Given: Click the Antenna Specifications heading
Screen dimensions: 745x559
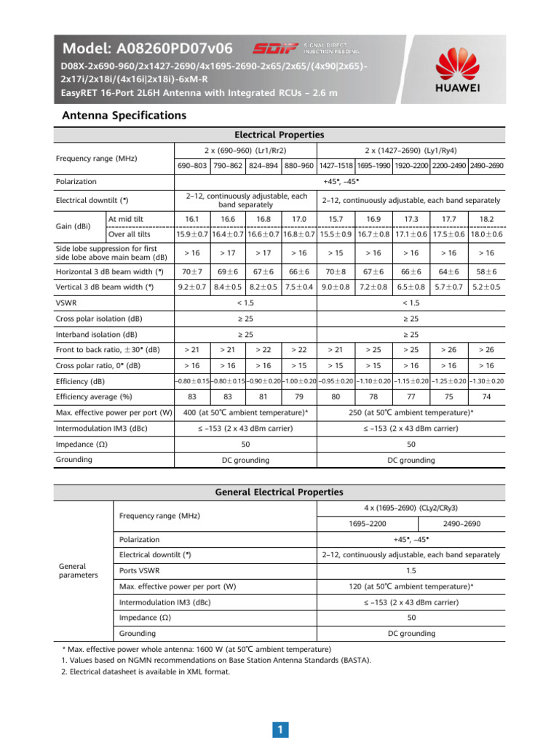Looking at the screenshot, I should pos(124,116).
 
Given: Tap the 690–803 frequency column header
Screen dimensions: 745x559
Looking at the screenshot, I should pos(192,166).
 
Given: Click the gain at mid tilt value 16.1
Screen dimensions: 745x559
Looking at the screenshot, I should pos(192,218).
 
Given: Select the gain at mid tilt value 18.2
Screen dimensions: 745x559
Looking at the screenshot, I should pos(487,218).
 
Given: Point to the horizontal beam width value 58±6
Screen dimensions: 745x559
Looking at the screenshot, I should pos(487,271).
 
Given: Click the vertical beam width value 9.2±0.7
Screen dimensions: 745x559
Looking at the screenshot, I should pos(192,287).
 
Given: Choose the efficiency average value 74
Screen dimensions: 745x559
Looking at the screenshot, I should pos(487,397).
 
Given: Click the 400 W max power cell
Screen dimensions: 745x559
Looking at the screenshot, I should pos(245,413).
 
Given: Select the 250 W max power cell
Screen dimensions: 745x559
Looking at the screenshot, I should pos(411,413).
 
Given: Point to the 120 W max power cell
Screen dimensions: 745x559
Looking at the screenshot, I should pos(411,586).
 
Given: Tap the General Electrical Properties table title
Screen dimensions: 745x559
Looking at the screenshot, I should pos(279,493).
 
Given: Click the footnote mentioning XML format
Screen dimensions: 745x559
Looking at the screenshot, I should pos(146,672).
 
